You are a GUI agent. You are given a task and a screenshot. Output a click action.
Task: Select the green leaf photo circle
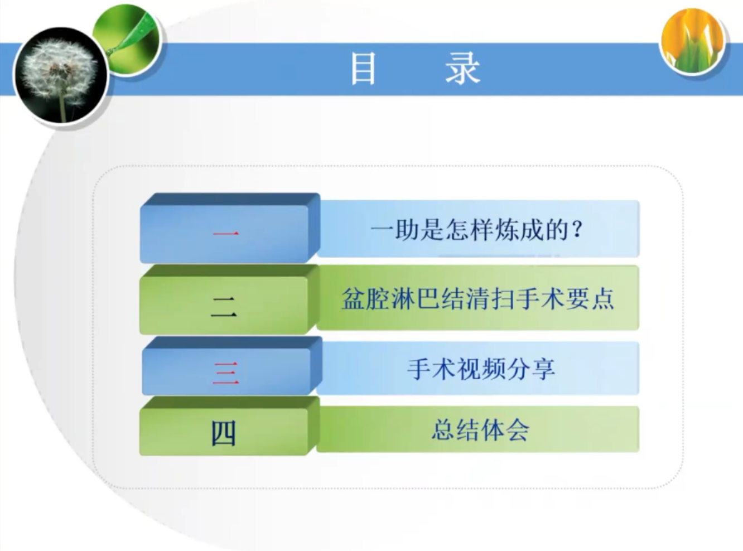click(127, 40)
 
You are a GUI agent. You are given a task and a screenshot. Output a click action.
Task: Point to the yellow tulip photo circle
click(693, 41)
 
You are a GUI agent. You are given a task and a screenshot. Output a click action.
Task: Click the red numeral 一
click(226, 233)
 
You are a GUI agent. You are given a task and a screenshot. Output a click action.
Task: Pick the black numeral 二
click(224, 307)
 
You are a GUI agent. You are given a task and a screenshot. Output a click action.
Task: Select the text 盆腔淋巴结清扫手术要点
click(477, 298)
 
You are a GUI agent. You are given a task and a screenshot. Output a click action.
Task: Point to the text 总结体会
click(480, 430)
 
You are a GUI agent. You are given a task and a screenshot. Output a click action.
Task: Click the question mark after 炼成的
click(577, 230)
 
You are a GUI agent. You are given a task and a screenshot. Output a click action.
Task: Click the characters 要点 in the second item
click(590, 298)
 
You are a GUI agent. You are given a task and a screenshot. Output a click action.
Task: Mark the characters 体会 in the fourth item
click(505, 430)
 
